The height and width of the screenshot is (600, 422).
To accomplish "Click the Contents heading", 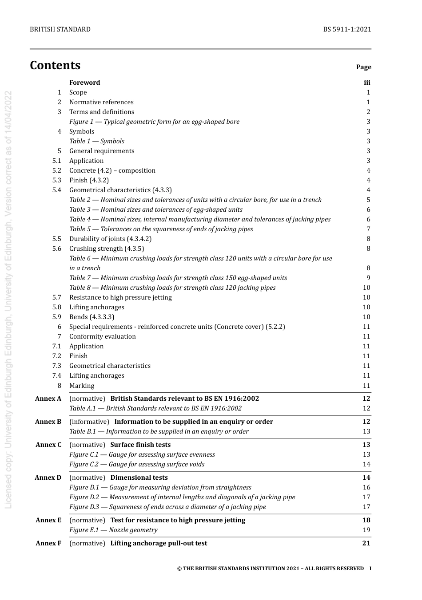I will [x=55, y=65].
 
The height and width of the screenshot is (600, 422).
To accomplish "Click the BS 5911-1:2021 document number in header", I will [x=347, y=29].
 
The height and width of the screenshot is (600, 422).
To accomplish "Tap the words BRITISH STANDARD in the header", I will [x=60, y=29].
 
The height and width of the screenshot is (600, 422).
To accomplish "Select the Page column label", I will [x=363, y=67].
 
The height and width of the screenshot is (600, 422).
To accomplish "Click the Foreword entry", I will [x=84, y=83].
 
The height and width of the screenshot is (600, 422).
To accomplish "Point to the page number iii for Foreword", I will [x=367, y=83].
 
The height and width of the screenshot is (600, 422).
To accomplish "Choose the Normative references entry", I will [x=101, y=102].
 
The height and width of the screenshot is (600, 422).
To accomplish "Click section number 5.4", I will [x=56, y=190].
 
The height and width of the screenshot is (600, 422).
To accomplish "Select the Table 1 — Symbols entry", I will [x=97, y=141].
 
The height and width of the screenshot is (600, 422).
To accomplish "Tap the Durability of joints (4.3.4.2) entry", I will [x=110, y=239].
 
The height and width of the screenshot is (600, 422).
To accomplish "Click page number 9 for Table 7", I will [x=368, y=278].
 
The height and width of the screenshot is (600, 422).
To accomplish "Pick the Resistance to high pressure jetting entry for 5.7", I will [x=120, y=297].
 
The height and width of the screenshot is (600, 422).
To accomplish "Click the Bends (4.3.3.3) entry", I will [x=92, y=317].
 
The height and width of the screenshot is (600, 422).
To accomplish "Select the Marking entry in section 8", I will [x=82, y=386].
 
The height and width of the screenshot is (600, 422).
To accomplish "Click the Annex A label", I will [x=48, y=399].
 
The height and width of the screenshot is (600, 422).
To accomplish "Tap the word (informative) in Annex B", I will [x=89, y=422].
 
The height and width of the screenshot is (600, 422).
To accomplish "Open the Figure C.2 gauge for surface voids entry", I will [x=137, y=464].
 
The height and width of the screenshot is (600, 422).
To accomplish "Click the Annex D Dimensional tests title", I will [x=139, y=478].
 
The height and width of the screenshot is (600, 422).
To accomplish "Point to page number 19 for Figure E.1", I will [x=366, y=530].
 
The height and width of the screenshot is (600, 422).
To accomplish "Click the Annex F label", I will [x=48, y=543].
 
